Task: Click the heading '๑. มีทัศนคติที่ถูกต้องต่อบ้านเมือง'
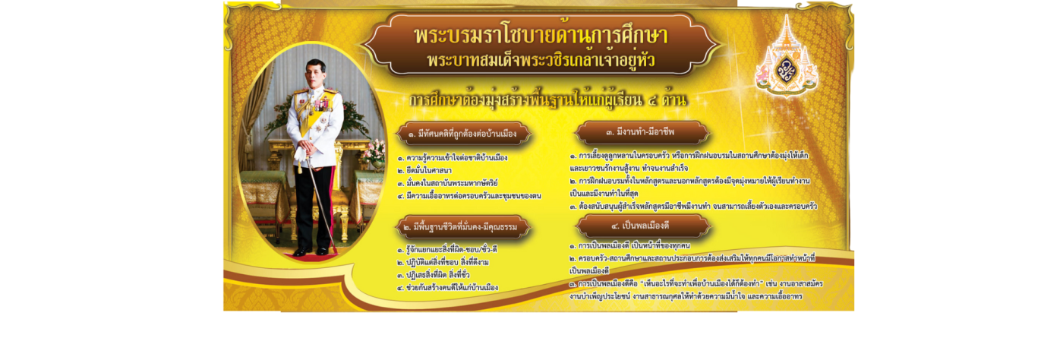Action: (x=467, y=134)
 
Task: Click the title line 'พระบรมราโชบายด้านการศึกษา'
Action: (x=541, y=36)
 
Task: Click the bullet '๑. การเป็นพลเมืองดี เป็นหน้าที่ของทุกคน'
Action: (x=629, y=246)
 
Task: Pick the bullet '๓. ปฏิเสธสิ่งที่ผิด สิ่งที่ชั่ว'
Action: (x=442, y=275)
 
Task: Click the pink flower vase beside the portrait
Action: (x=374, y=153)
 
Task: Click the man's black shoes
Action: (x=311, y=252)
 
